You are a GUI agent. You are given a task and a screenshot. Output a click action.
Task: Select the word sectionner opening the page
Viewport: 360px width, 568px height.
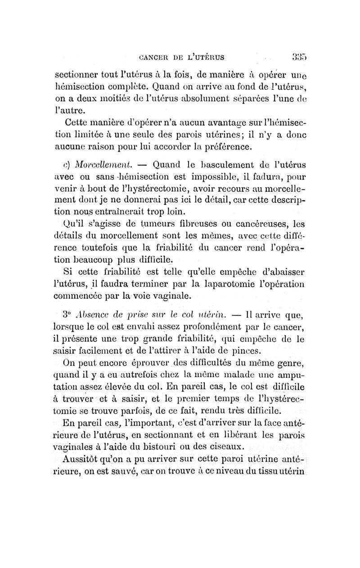tap(77, 75)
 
